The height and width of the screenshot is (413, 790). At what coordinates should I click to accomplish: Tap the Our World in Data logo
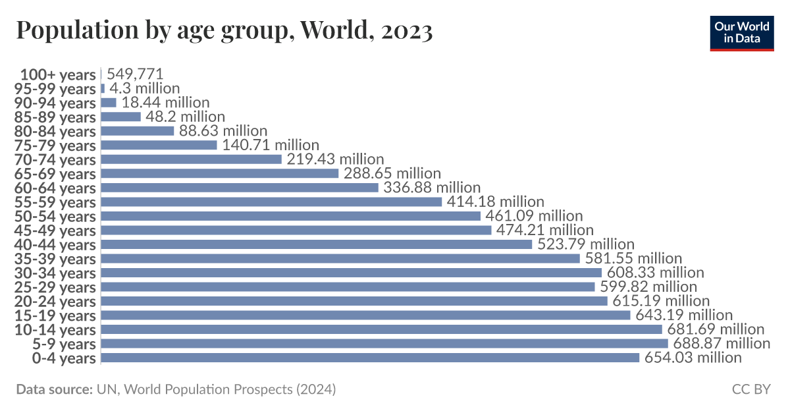pyautogui.click(x=741, y=32)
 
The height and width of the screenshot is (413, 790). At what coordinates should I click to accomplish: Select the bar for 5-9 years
pyautogui.click(x=384, y=343)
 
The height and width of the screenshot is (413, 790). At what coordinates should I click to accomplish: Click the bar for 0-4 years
pyautogui.click(x=370, y=358)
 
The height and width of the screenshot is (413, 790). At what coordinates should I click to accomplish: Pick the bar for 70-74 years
pyautogui.click(x=191, y=159)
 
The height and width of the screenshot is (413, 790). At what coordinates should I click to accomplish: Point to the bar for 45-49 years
pyautogui.click(x=296, y=230)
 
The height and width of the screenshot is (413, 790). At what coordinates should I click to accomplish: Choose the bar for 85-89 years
pyautogui.click(x=121, y=117)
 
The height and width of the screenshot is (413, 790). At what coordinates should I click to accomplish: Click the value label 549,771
pyautogui.click(x=134, y=74)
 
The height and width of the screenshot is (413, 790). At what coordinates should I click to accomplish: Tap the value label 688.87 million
pyautogui.click(x=722, y=343)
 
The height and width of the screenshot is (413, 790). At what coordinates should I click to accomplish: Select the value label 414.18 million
pyautogui.click(x=496, y=202)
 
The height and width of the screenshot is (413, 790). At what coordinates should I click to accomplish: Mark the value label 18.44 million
pyautogui.click(x=165, y=102)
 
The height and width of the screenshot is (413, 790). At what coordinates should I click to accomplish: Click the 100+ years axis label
pyautogui.click(x=58, y=74)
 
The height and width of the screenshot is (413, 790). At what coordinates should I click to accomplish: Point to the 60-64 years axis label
pyautogui.click(x=55, y=188)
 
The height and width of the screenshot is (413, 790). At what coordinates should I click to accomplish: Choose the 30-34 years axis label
pyautogui.click(x=55, y=273)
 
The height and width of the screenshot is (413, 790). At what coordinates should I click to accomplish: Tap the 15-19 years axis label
pyautogui.click(x=55, y=316)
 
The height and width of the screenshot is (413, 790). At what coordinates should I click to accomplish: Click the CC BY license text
pyautogui.click(x=750, y=389)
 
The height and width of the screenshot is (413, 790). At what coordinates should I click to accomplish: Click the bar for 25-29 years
pyautogui.click(x=348, y=287)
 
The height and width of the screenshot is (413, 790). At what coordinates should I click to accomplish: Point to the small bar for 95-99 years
pyautogui.click(x=103, y=88)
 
